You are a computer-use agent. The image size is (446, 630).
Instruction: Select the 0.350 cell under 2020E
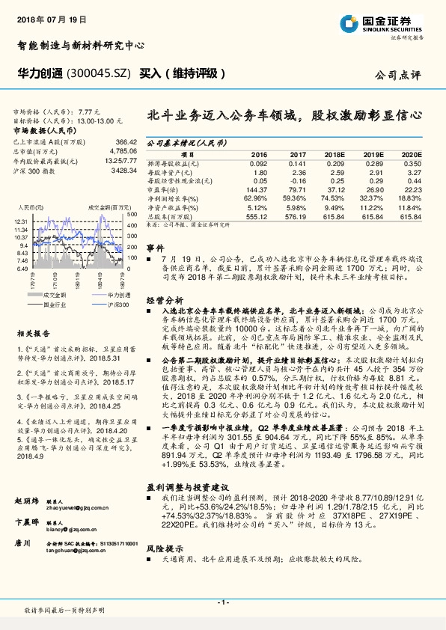click(x=412, y=162)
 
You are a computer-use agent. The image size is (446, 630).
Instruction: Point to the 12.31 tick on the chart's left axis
click(x=20, y=222)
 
